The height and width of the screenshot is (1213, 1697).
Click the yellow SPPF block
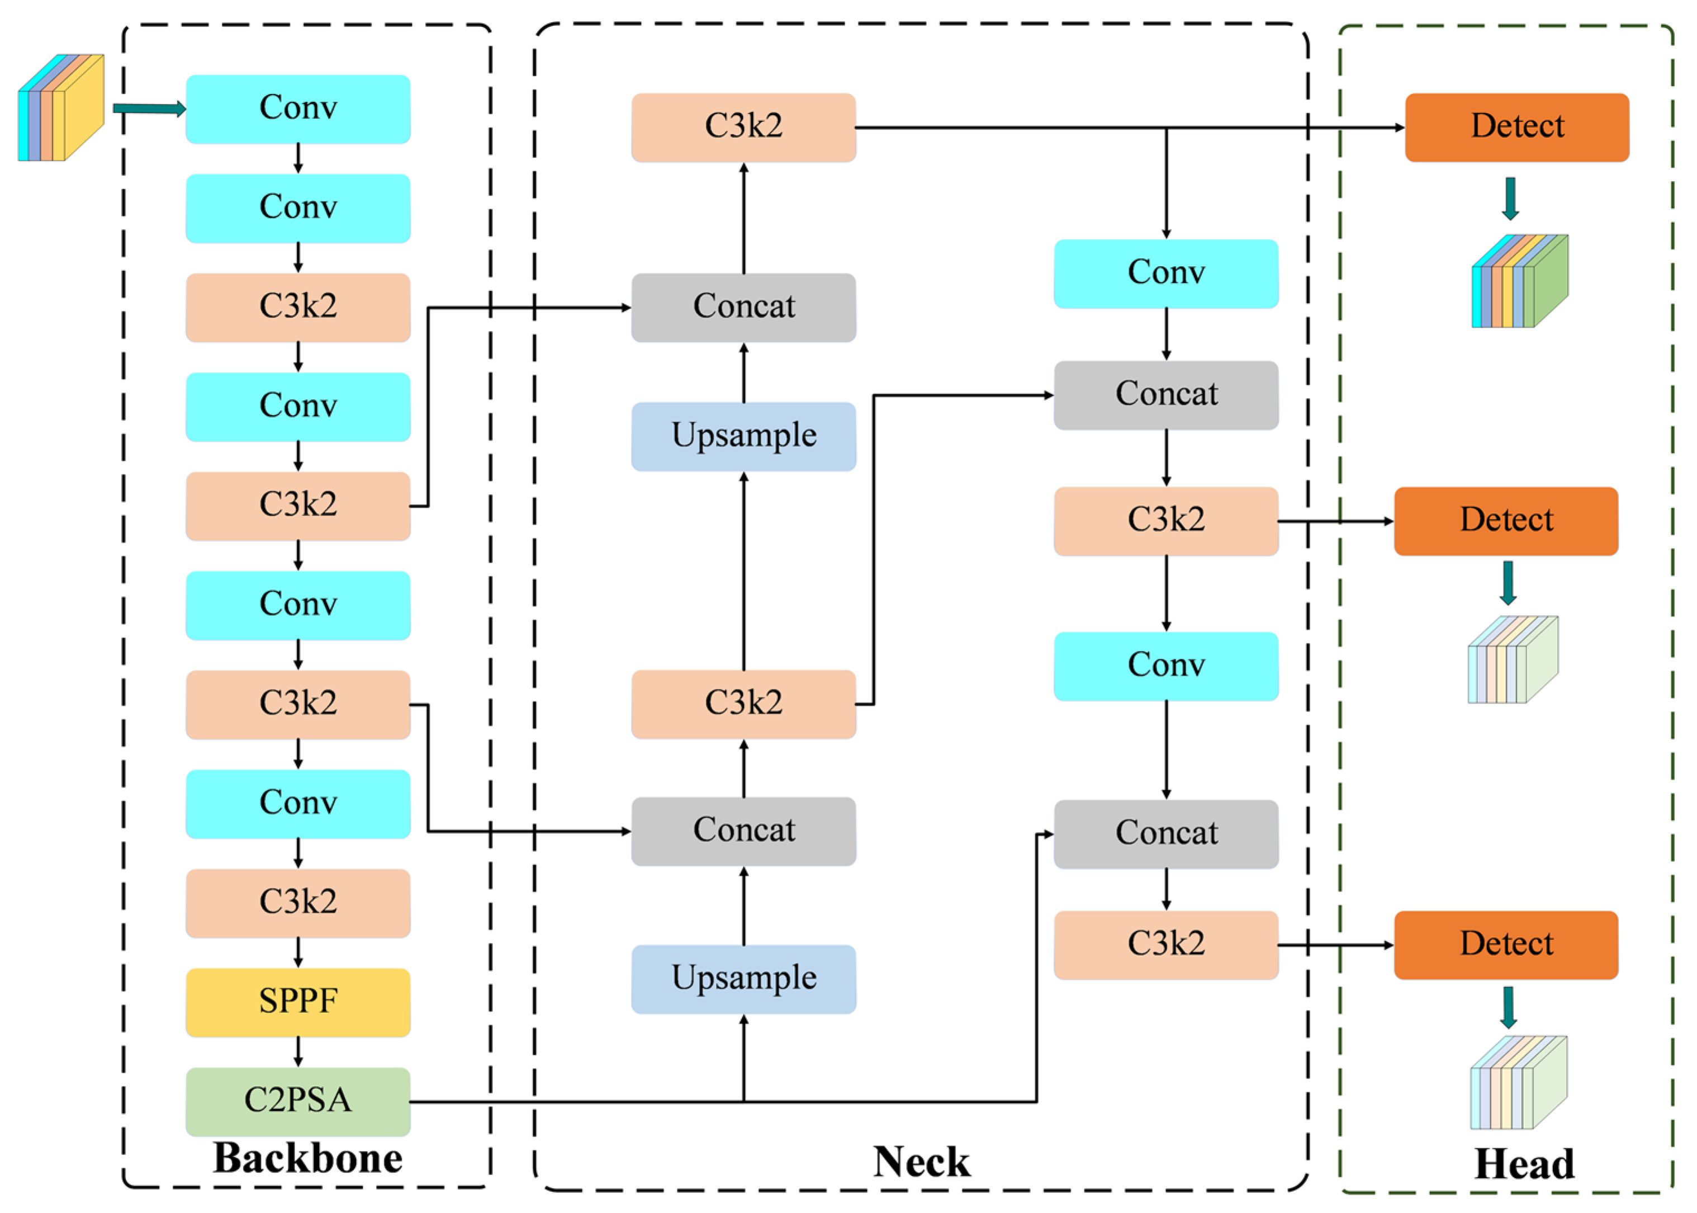tap(298, 1002)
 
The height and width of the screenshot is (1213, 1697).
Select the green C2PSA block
tap(298, 1102)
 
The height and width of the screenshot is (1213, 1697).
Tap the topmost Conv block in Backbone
tap(298, 109)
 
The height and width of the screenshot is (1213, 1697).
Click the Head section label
tap(1524, 1164)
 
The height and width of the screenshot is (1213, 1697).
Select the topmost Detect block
tap(1517, 127)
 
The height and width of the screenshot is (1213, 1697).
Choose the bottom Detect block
tap(1506, 945)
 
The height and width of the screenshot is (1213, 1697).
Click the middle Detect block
tap(1506, 521)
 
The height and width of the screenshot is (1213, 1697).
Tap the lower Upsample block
tap(743, 979)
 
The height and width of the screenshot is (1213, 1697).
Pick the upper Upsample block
tap(743, 437)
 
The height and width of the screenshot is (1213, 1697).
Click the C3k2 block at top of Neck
tap(743, 127)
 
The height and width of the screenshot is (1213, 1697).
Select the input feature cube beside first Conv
tap(60, 107)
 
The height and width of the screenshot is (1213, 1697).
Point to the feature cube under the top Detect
tap(1520, 281)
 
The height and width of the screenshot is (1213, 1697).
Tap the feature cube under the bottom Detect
tap(1519, 1082)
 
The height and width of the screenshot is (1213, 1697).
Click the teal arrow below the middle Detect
tap(1508, 583)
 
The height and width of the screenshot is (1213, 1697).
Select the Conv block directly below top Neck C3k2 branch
tap(1166, 273)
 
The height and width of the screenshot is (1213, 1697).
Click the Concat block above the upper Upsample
tap(743, 308)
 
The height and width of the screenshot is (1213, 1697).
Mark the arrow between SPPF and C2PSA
tap(298, 1052)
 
